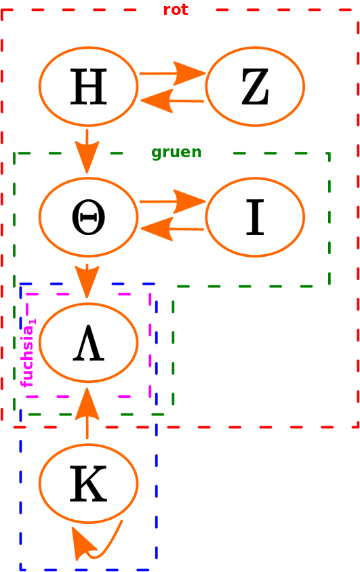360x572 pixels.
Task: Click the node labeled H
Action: coord(88,87)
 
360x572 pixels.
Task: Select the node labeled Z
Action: coord(255,87)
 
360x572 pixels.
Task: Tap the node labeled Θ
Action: coord(88,217)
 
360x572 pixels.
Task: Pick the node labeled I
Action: coord(255,217)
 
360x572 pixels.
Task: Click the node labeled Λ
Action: coord(88,343)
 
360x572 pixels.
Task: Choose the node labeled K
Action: coord(88,483)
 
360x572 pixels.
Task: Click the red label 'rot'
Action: coord(176,10)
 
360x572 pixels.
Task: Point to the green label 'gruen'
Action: coord(176,152)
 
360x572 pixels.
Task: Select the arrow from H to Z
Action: coord(172,73)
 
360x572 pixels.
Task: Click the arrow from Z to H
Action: coord(172,101)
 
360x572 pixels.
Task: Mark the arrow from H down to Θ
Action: coord(87,151)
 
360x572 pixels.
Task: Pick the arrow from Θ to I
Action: coord(172,201)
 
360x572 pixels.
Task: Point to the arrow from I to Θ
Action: coord(172,229)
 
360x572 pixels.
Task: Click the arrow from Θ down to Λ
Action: coord(87,281)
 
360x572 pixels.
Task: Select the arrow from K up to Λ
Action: coord(87,413)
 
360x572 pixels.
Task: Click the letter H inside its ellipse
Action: coord(89,87)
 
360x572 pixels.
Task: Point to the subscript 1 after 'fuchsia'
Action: coord(33,322)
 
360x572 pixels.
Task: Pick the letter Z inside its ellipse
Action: coord(255,87)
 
